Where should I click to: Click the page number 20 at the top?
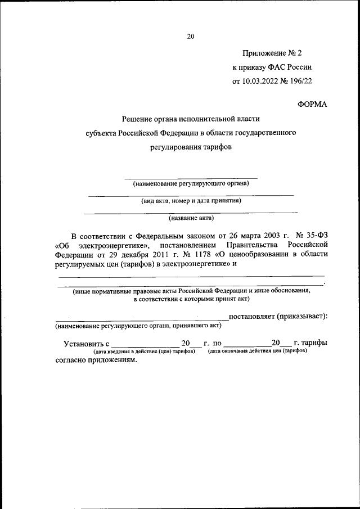pyautogui.click(x=190, y=37)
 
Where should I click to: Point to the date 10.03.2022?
pyautogui.click(x=261, y=80)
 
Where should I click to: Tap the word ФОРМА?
pyautogui.click(x=312, y=103)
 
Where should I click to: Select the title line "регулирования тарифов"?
pyautogui.click(x=190, y=147)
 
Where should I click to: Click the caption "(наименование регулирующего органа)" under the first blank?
pyautogui.click(x=191, y=183)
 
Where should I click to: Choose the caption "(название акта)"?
pyautogui.click(x=191, y=217)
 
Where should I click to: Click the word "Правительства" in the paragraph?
pyautogui.click(x=250, y=245)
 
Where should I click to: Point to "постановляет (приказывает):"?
pyautogui.click(x=278, y=316)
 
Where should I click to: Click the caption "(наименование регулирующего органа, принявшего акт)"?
pyautogui.click(x=138, y=326)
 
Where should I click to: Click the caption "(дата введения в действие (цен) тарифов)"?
pyautogui.click(x=144, y=351)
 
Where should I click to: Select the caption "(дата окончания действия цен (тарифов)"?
pyautogui.click(x=257, y=351)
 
